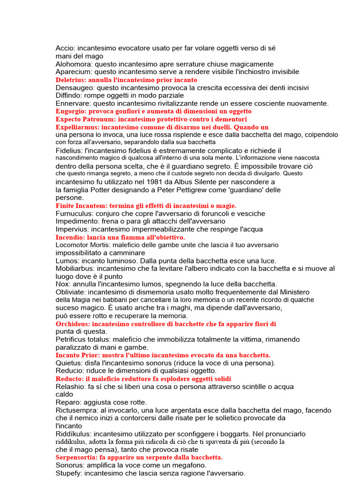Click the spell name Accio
[66, 48]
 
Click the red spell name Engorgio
[69, 112]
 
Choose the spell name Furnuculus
[73, 213]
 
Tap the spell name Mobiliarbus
[75, 268]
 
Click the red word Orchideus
[73, 324]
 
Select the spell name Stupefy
[69, 473]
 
